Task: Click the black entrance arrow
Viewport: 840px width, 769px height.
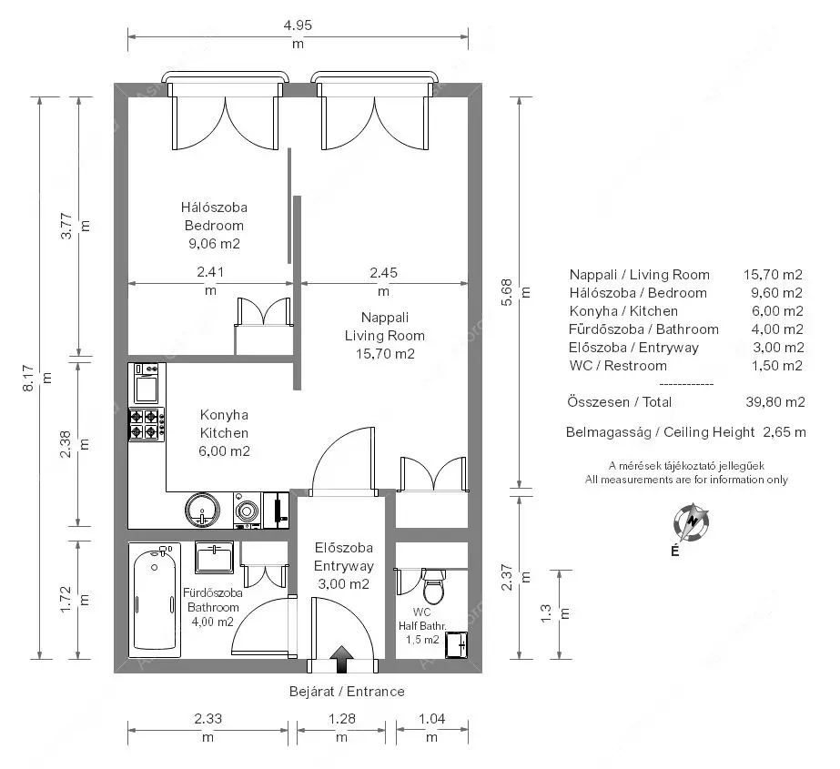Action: coord(341,659)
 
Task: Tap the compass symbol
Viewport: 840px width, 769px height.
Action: coord(692,522)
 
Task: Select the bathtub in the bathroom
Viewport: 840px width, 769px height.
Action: coord(155,600)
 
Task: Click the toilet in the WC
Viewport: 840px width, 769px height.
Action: coord(433,586)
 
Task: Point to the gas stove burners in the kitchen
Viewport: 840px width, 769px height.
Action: coord(147,423)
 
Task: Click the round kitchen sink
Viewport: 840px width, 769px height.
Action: coord(203,510)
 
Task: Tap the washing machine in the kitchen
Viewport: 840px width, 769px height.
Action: coord(248,511)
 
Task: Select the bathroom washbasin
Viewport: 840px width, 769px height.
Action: coord(214,558)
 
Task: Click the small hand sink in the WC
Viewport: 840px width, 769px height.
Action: coord(457,644)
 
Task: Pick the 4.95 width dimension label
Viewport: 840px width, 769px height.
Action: coord(298,25)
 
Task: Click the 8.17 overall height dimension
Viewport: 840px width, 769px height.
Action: coord(28,378)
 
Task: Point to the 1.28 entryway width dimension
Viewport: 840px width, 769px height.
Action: coord(342,719)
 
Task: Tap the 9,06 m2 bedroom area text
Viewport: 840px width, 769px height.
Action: coord(214,244)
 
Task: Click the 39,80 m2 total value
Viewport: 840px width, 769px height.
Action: coord(775,402)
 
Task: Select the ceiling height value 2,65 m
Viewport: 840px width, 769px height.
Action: coord(784,432)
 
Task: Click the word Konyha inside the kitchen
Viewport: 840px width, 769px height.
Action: coord(224,415)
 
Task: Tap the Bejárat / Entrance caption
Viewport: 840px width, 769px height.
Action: coord(347,692)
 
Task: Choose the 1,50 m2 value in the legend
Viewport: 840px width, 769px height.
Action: coord(777,366)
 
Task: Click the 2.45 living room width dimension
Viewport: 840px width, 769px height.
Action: coord(383,273)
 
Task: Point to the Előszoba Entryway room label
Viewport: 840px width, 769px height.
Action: coord(343,557)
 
